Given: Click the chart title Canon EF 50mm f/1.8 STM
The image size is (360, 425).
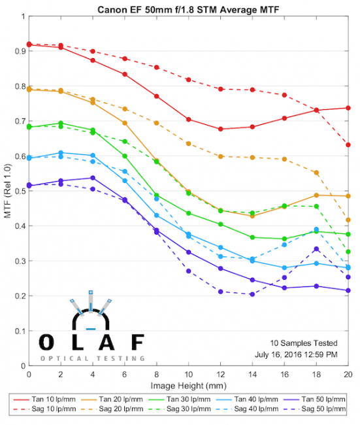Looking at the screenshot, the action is (x=157, y=10).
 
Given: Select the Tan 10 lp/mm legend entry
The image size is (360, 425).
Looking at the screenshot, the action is (x=44, y=399).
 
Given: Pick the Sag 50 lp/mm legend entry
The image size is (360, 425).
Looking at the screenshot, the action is (x=315, y=409).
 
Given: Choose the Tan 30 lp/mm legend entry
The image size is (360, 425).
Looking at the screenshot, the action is (x=180, y=399).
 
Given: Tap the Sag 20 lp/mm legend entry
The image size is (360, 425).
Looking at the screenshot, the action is (x=112, y=409).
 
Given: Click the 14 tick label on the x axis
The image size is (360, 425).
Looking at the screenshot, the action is (x=252, y=375).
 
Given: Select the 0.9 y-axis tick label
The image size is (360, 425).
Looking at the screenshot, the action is (x=20, y=51).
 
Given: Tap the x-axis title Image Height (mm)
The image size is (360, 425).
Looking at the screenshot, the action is (x=189, y=385).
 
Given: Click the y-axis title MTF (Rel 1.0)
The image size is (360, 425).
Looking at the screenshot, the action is (x=8, y=191).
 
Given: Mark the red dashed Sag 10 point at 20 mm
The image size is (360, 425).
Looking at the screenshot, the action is (x=348, y=144).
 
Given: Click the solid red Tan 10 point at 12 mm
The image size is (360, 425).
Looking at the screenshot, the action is (x=220, y=129).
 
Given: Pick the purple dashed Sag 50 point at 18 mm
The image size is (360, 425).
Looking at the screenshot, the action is (x=316, y=249).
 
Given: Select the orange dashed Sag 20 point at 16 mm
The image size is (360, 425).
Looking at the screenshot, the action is (x=284, y=159).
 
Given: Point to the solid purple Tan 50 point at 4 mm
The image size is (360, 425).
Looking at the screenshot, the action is (x=93, y=178).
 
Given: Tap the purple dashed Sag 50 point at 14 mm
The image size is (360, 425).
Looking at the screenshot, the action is (x=252, y=294).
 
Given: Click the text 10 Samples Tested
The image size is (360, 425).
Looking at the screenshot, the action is (x=304, y=343).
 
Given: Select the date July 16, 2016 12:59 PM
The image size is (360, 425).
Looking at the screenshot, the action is (x=296, y=354).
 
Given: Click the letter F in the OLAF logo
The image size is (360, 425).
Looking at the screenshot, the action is (x=138, y=342).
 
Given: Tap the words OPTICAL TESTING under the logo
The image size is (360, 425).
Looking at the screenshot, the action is (x=92, y=358).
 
